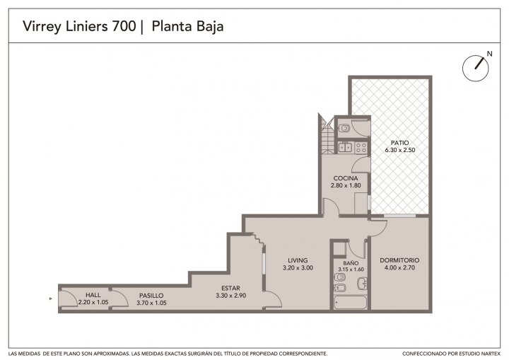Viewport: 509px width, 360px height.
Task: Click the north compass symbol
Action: (x=475, y=68)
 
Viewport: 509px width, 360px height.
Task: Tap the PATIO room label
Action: (x=399, y=143)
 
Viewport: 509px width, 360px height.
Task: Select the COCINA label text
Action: (x=346, y=178)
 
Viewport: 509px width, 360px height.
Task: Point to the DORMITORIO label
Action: (x=399, y=260)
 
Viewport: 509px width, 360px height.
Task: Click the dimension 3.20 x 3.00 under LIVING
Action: (x=298, y=268)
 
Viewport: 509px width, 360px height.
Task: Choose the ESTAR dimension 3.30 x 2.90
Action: (x=230, y=296)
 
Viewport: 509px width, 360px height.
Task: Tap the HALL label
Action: (x=93, y=295)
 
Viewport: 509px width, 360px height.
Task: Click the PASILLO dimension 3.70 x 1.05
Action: (x=151, y=303)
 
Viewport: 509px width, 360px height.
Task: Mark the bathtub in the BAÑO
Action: (x=351, y=303)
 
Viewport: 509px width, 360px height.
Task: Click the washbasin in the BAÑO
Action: (x=362, y=283)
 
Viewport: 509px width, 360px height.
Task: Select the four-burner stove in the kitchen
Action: (x=361, y=148)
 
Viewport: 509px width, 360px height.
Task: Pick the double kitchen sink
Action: (x=345, y=148)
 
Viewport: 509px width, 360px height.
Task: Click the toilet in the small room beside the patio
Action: (x=344, y=129)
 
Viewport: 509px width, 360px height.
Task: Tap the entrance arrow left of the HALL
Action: (x=51, y=298)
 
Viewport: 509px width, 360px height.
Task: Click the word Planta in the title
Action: (x=171, y=26)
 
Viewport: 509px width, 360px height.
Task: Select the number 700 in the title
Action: (x=124, y=26)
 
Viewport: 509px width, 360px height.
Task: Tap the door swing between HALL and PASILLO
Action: (x=121, y=298)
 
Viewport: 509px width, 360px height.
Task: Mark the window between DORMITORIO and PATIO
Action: (x=399, y=216)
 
